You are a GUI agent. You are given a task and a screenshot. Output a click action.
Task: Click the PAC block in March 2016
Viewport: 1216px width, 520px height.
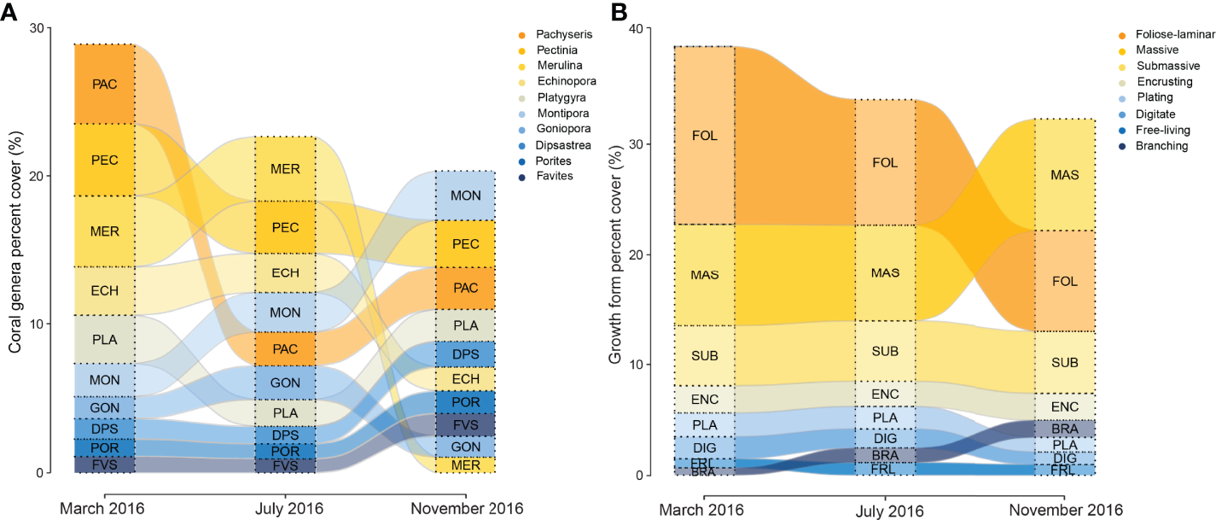pyautogui.click(x=105, y=84)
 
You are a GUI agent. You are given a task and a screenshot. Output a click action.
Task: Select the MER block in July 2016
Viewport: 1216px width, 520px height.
pyautogui.click(x=285, y=168)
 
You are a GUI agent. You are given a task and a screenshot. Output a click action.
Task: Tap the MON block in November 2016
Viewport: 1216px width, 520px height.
pyautogui.click(x=466, y=196)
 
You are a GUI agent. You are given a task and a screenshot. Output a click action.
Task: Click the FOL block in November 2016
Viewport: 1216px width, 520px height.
pyautogui.click(x=1064, y=280)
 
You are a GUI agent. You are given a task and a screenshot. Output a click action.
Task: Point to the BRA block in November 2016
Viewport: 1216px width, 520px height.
pyautogui.click(x=1064, y=428)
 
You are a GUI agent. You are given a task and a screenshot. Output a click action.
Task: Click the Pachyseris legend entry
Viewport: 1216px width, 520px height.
pyautogui.click(x=564, y=34)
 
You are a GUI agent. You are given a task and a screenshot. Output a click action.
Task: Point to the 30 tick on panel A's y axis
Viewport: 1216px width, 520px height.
pyautogui.click(x=36, y=27)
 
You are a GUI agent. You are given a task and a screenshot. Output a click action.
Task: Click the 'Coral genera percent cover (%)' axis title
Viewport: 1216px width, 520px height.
pyautogui.click(x=15, y=249)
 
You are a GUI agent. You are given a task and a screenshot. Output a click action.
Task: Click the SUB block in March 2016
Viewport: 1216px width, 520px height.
pyautogui.click(x=705, y=355)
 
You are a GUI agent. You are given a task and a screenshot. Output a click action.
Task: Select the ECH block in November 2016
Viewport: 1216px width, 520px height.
pyautogui.click(x=466, y=378)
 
